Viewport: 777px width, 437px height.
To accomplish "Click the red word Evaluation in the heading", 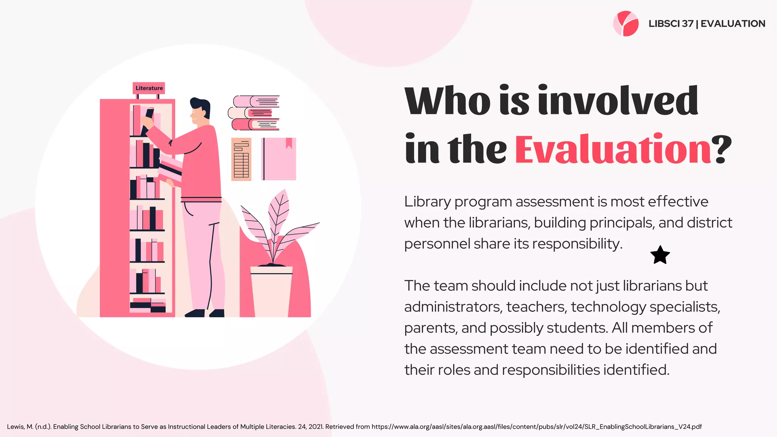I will coord(613,149).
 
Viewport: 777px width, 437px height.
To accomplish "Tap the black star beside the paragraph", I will coord(660,255).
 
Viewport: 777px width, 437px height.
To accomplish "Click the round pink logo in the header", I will coord(626,24).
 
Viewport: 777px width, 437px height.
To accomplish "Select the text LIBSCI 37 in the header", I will coord(671,24).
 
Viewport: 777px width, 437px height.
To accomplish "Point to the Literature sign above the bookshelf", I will coord(149,88).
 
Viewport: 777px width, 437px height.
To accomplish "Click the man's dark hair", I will coord(201,106).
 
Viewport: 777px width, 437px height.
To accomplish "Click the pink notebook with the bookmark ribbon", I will coord(279,159).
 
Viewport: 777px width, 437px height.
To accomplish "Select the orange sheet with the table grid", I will coord(241,159).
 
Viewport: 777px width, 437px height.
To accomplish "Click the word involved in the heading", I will coord(618,101).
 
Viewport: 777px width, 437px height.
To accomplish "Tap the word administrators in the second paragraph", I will coord(452,307).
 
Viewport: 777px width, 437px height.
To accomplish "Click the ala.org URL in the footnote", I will coord(536,427).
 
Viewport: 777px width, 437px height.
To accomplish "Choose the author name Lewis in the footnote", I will coord(16,427).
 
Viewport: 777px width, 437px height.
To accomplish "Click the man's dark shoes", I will coord(204,313).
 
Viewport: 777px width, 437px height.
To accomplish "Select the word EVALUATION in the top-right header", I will coord(733,24).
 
